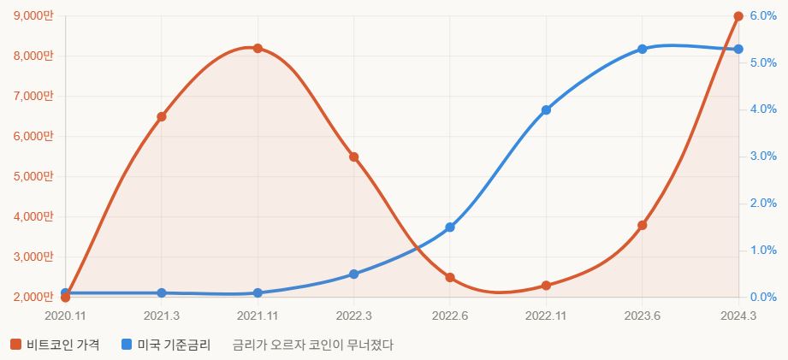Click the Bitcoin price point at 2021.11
258,48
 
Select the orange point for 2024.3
738,16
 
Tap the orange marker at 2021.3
162,116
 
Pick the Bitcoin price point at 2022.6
450,277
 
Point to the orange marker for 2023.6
643,225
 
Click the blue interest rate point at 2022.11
546,109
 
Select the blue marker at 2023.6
643,49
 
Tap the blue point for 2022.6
450,227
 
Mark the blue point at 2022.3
353,274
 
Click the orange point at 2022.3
353,157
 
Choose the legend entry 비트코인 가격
56,345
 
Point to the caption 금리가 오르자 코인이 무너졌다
313,345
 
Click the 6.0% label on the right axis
762,16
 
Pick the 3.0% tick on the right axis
762,156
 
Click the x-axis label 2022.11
546,316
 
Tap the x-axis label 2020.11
65,316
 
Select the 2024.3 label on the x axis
738,316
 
